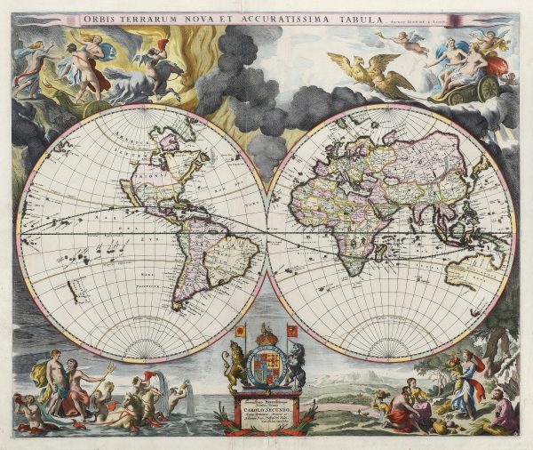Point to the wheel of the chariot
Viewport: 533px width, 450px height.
click(x=487, y=88)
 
